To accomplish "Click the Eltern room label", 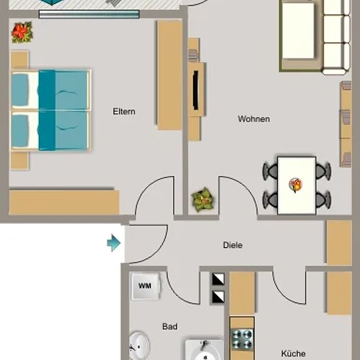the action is (x=124, y=111).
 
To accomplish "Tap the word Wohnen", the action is (x=254, y=119).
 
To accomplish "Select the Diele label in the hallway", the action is (x=233, y=245).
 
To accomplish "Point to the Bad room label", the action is (x=170, y=326).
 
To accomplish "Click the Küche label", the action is (x=293, y=353).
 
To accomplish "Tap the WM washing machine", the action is (x=145, y=286).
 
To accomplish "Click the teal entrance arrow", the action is (x=114, y=243).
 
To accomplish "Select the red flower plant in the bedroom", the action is (x=22, y=32).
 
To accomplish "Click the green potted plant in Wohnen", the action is (x=203, y=200).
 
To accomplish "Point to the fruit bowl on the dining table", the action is (x=296, y=185).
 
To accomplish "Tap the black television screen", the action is (x=196, y=90).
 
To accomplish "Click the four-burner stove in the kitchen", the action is (x=242, y=340).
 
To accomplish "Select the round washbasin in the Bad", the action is (x=139, y=346).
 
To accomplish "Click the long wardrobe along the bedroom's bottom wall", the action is (x=64, y=202).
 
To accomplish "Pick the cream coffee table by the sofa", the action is (x=298, y=31).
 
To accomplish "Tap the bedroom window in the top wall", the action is (x=89, y=14).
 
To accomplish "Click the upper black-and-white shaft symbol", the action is (x=218, y=279).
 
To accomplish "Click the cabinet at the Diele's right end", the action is (x=339, y=243).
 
